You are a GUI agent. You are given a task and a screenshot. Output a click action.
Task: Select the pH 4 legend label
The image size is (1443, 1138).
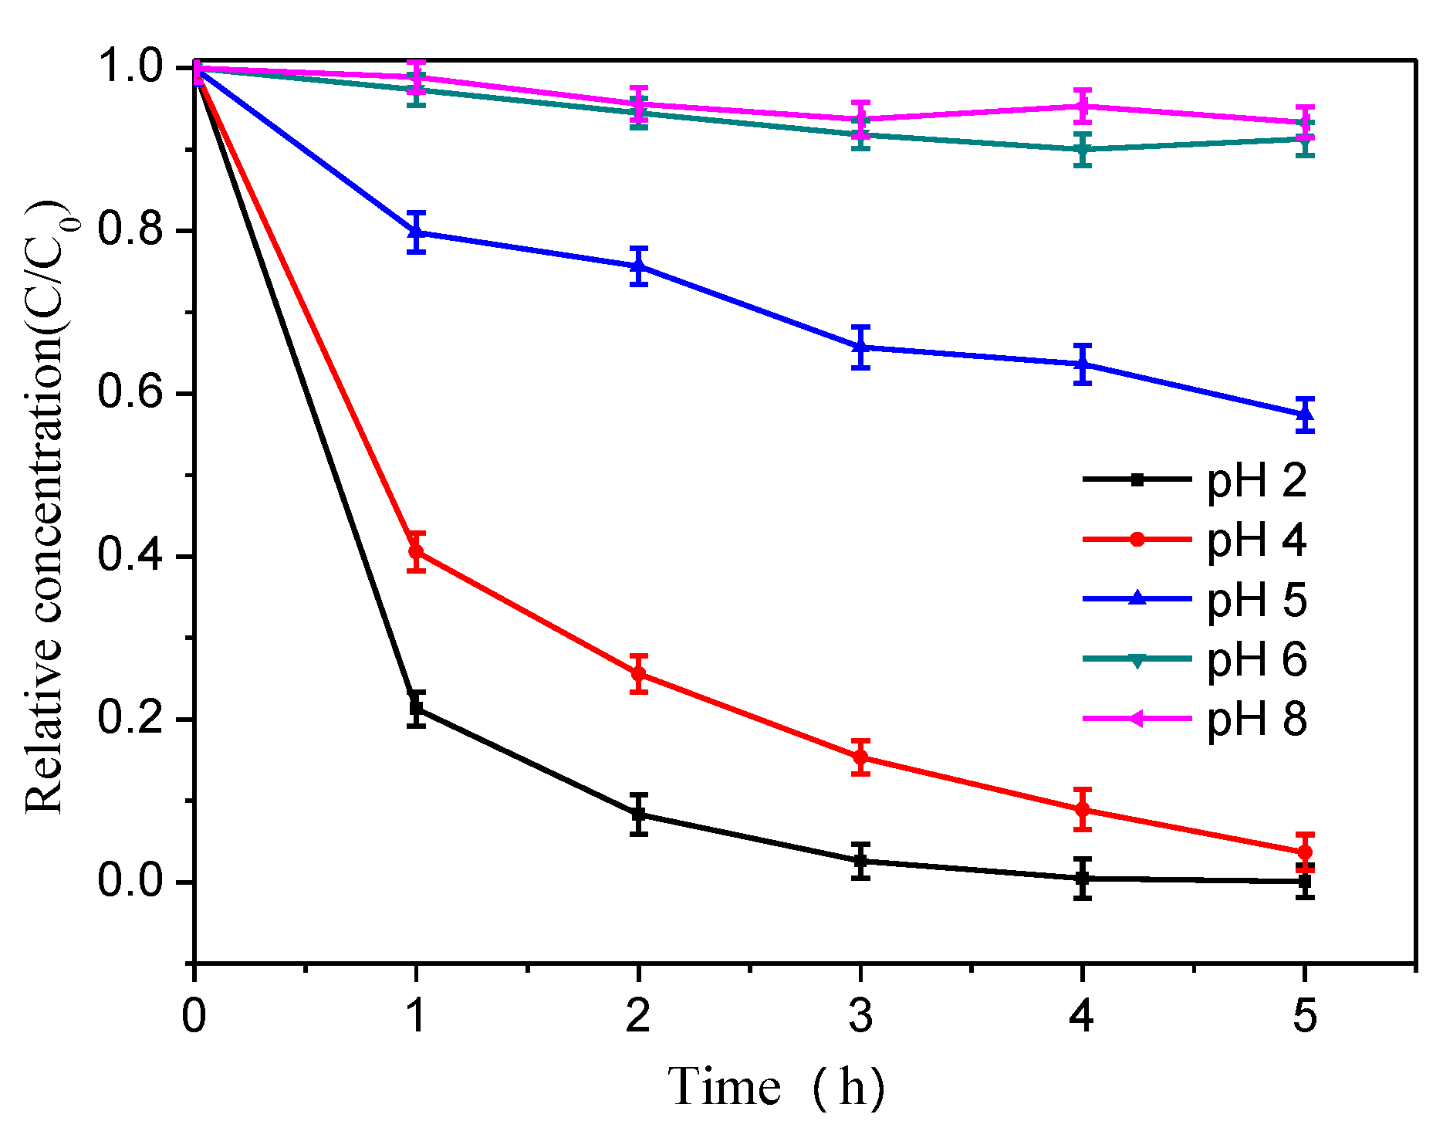coord(1256,540)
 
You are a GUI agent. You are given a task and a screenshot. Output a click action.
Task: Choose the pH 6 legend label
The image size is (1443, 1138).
coord(1256,659)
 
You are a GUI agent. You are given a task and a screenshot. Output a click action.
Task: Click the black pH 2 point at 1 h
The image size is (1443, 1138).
coord(417,707)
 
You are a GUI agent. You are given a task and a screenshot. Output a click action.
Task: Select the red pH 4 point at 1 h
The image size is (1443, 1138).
coord(417,551)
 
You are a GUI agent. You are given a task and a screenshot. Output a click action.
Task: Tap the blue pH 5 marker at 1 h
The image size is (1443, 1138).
coord(417,232)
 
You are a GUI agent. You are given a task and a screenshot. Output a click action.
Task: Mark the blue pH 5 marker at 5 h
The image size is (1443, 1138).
coord(1305,415)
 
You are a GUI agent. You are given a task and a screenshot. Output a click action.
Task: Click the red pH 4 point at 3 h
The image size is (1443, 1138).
coord(861,757)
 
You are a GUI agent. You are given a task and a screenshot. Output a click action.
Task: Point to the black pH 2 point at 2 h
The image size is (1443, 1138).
coord(639,814)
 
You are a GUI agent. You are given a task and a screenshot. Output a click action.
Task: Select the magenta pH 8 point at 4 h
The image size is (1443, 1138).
coord(1083,106)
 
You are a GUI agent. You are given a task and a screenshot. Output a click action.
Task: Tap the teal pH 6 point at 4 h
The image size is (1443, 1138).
coord(1083,150)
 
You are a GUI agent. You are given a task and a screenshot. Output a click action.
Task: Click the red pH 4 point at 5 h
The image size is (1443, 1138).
coord(1305,852)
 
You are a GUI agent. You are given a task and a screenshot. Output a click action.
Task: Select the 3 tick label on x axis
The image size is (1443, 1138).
coord(860,1014)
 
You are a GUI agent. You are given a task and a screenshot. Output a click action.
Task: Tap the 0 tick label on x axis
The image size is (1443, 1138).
coord(194,1014)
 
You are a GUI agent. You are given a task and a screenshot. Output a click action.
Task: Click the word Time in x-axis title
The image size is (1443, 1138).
coord(725,1088)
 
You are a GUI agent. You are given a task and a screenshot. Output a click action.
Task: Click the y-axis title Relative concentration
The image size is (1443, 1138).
coord(45,510)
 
